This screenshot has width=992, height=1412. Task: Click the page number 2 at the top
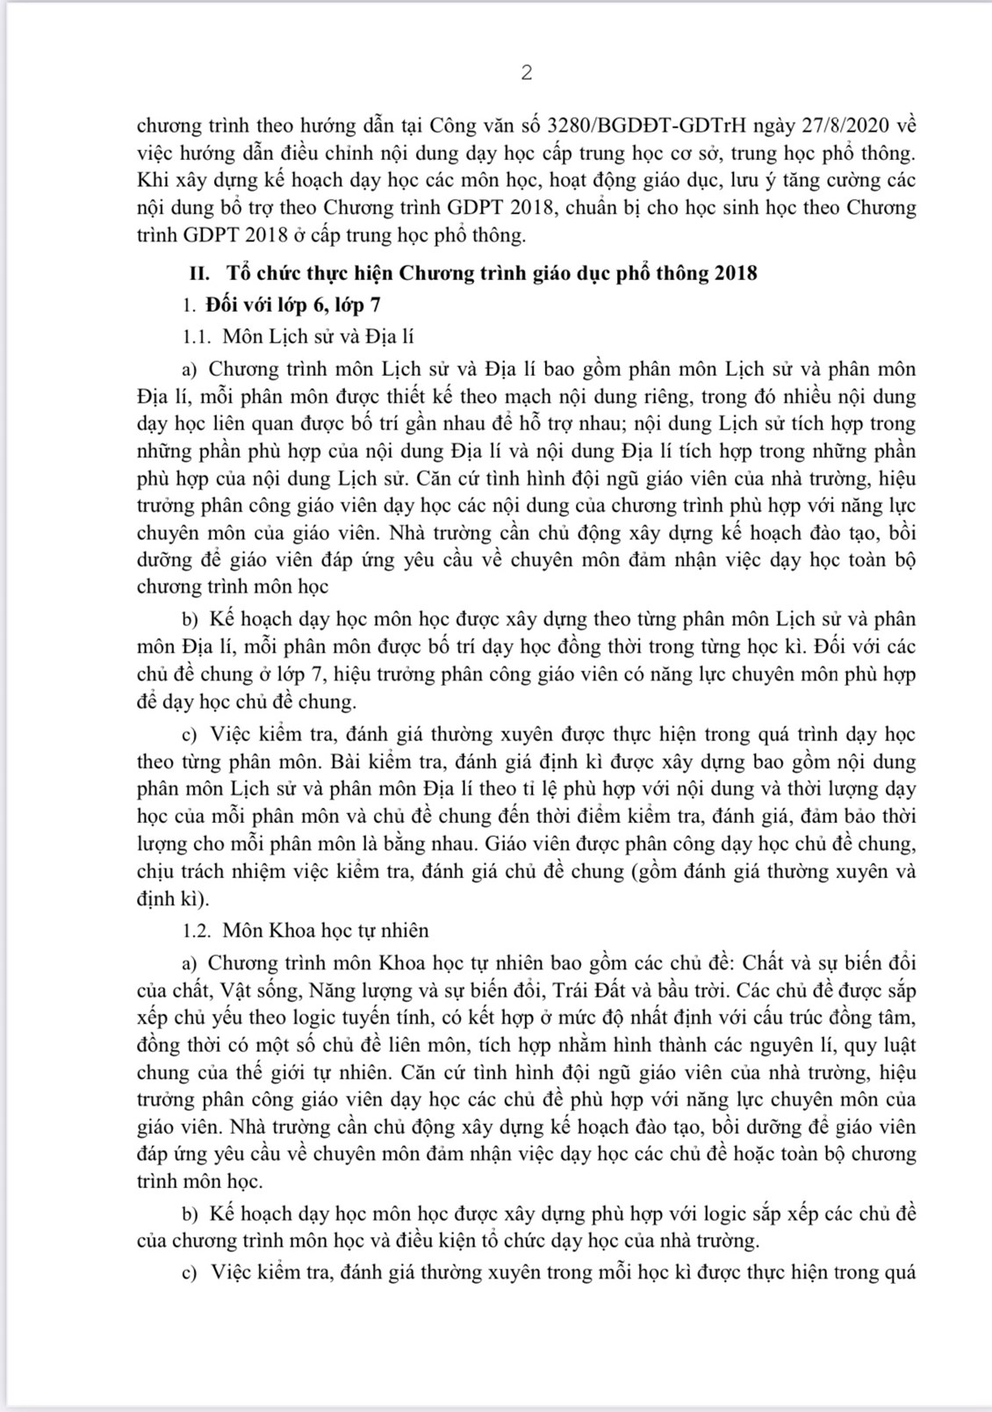click(x=526, y=73)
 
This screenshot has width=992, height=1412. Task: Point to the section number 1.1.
click(x=198, y=336)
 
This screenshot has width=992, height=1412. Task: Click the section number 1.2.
click(x=198, y=930)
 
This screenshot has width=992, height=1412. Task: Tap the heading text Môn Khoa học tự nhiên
click(x=326, y=930)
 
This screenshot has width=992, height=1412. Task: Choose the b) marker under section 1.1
click(x=190, y=619)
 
